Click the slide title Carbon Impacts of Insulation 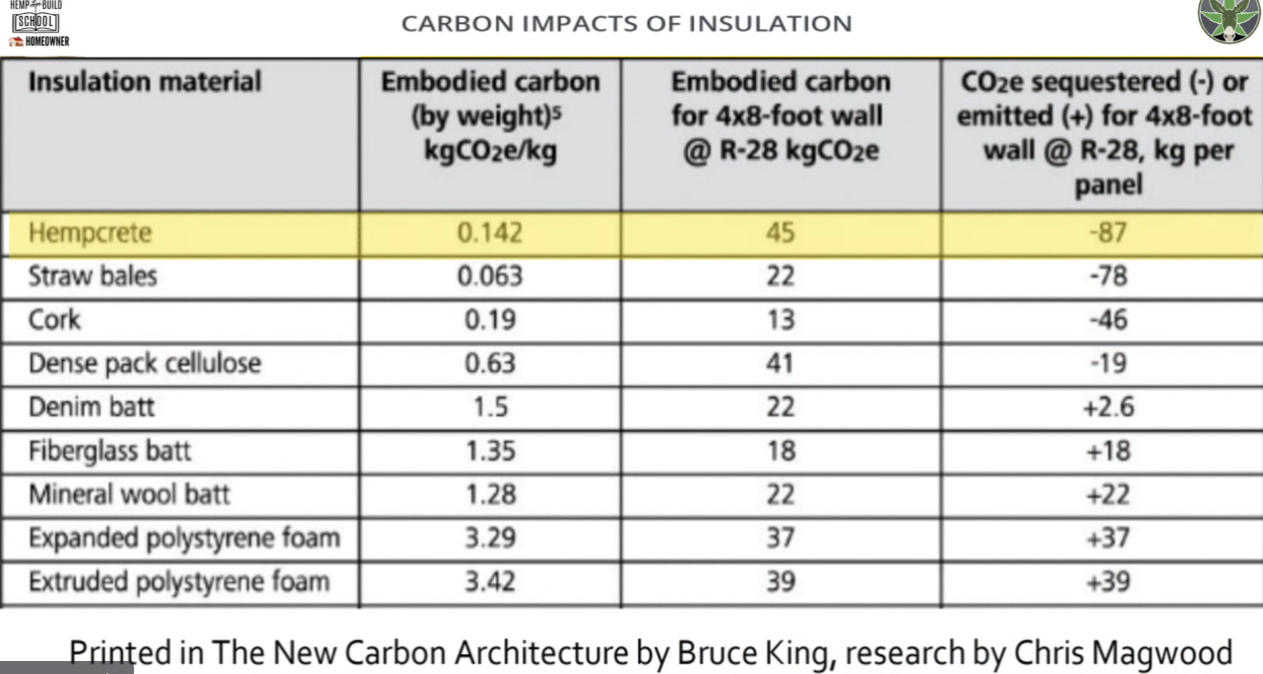click(x=626, y=23)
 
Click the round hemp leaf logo click(x=1229, y=20)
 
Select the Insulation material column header click(x=145, y=82)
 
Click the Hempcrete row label click(x=90, y=233)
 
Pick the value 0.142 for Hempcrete click(x=490, y=233)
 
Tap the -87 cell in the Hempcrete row click(x=1108, y=233)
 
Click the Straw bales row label click(x=93, y=276)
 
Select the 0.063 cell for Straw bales click(x=490, y=276)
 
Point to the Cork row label click(x=54, y=320)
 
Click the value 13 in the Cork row click(x=781, y=320)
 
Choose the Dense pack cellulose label click(x=145, y=363)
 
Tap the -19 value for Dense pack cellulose click(x=1108, y=363)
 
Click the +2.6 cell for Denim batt click(x=1108, y=407)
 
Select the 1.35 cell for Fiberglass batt click(x=490, y=451)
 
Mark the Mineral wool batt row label click(x=129, y=495)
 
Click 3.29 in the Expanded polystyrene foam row click(x=490, y=538)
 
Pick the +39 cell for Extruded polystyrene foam click(x=1108, y=582)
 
